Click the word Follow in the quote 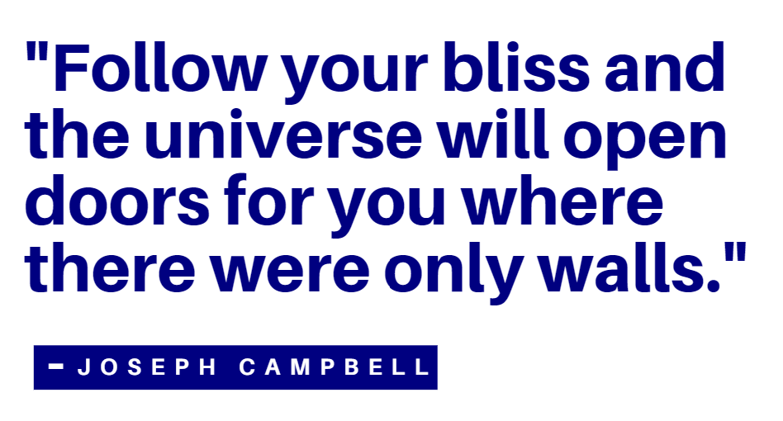(x=159, y=68)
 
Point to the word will (x=493, y=134)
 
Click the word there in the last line (x=110, y=267)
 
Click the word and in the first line (x=665, y=68)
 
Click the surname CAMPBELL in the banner (x=335, y=367)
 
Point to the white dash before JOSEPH (x=56, y=367)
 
